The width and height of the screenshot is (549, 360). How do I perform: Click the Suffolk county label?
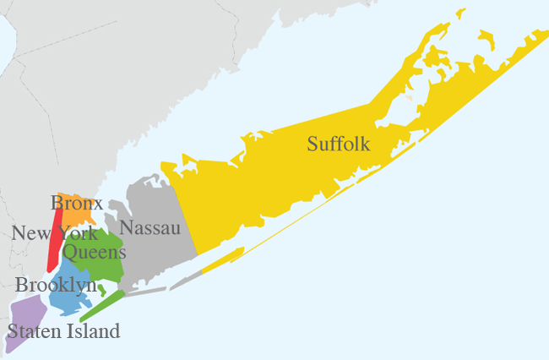tap(339, 144)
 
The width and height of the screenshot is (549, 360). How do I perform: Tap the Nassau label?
tap(148, 226)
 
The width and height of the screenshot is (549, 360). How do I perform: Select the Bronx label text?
tap(77, 203)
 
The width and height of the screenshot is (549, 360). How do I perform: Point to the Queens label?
tap(95, 252)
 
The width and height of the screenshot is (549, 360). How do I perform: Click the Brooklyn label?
tap(56, 286)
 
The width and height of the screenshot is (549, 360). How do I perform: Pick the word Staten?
tap(31, 330)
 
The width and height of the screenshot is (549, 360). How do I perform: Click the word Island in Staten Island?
tap(93, 330)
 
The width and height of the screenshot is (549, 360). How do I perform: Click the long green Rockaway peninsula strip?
tap(102, 306)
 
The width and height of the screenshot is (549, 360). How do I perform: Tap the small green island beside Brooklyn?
tap(102, 289)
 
